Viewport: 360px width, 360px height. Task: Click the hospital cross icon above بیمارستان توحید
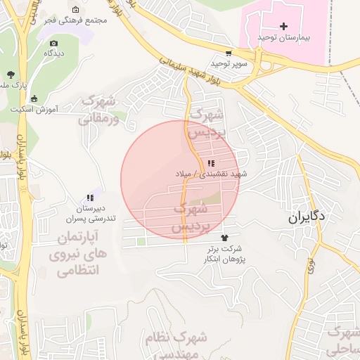[x=283, y=26]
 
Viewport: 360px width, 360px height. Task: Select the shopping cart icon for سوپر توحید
[x=229, y=53]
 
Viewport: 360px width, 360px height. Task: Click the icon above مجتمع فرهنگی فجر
[x=75, y=11]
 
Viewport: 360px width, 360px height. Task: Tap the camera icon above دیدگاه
[x=51, y=43]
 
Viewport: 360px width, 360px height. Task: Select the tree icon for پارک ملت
[x=10, y=75]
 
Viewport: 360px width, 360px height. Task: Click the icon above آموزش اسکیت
[x=34, y=98]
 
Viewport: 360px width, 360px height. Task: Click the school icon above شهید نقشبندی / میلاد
[x=211, y=162]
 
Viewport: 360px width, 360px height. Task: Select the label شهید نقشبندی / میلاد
[x=207, y=172]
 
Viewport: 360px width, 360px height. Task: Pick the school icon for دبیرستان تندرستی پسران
[x=89, y=198]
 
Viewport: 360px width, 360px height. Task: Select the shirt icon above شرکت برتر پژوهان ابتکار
[x=225, y=238]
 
